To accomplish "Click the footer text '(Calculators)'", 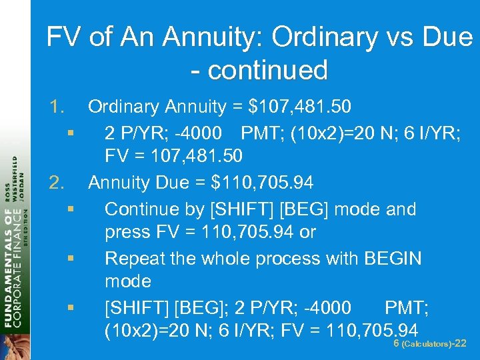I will pyautogui.click(x=425, y=345).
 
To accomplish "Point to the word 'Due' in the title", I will pyautogui.click(x=447, y=37).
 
